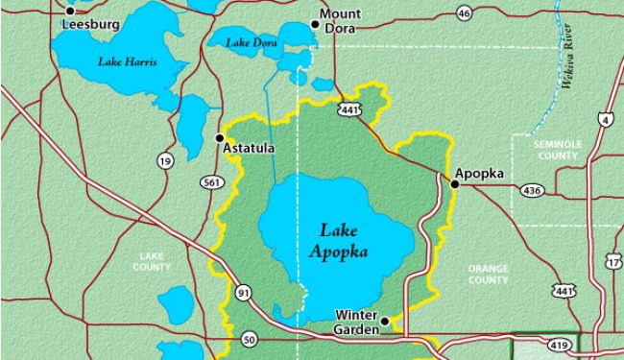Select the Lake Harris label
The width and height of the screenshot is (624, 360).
[128, 61]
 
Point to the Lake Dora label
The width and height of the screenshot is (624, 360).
[252, 42]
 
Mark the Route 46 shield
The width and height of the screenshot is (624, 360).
[465, 12]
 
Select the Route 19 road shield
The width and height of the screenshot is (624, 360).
[165, 161]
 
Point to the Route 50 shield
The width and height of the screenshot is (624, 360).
[250, 339]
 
